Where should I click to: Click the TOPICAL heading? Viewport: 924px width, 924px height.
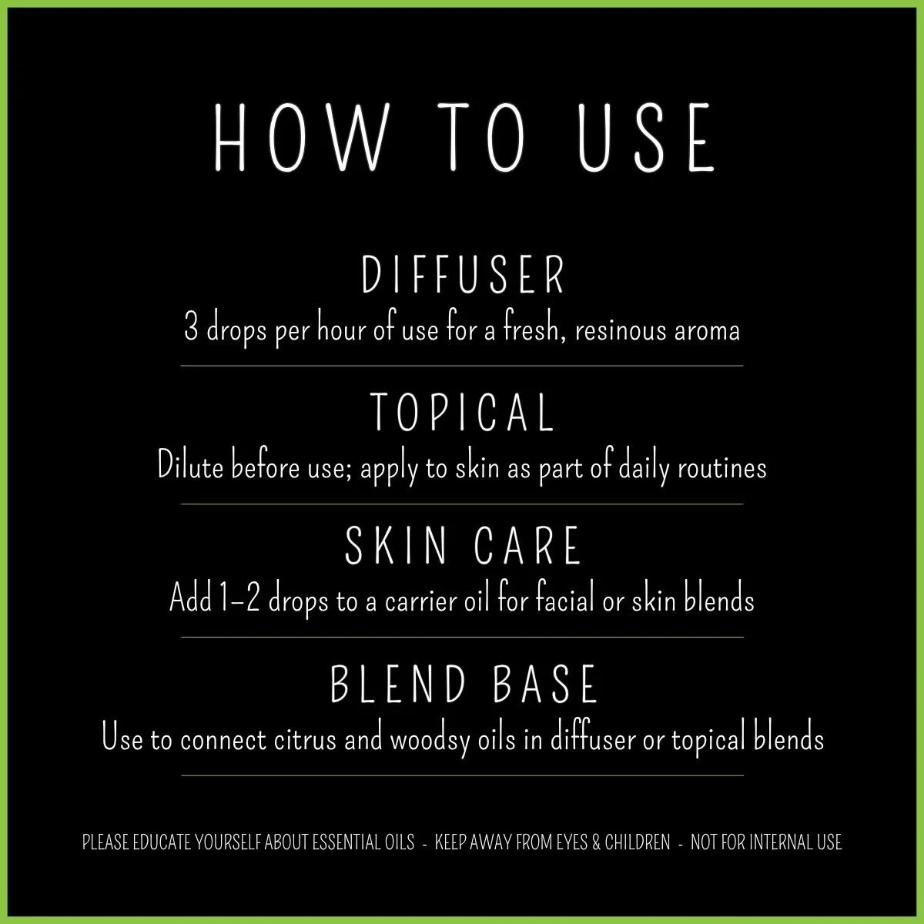pyautogui.click(x=463, y=412)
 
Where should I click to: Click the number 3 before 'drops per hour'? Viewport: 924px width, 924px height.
pyautogui.click(x=192, y=330)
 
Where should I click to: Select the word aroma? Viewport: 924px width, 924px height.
pyautogui.click(x=707, y=331)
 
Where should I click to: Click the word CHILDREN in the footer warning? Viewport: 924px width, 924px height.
pyautogui.click(x=638, y=842)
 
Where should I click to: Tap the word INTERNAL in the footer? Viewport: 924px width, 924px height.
pyautogui.click(x=778, y=842)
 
